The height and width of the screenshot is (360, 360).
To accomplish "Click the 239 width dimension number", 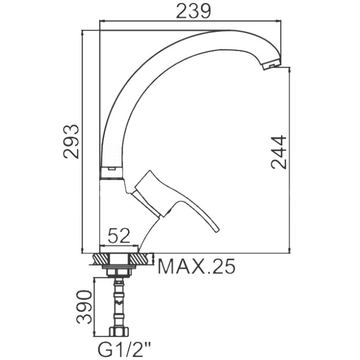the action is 193,11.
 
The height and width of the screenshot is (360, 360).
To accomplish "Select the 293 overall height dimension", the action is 71,142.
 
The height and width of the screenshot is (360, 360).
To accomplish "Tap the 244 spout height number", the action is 279,152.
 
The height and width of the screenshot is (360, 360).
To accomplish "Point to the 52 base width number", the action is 119,236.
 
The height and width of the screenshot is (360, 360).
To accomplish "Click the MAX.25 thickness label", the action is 197,267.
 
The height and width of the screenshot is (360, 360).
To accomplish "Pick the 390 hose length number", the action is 84,307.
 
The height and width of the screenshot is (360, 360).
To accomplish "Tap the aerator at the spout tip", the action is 271,64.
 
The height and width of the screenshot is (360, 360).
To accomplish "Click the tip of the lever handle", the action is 217,230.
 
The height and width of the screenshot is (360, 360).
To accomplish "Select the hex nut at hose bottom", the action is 119,331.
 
